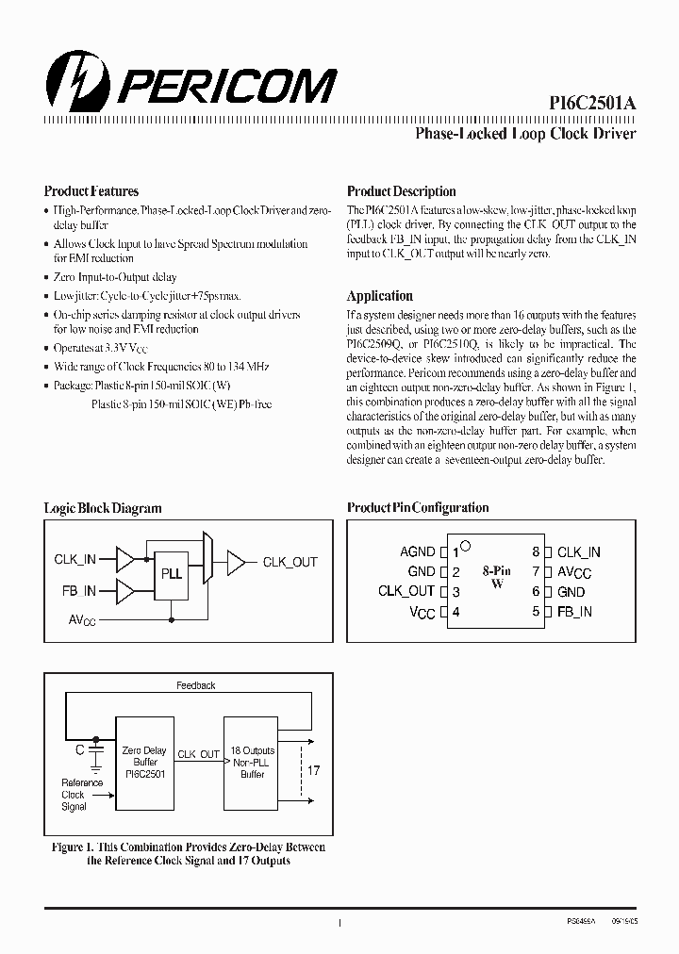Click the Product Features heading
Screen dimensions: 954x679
91,191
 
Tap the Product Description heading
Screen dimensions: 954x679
401,191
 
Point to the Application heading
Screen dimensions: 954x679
380,295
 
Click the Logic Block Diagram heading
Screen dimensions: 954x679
103,508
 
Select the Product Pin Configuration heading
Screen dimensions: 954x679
418,508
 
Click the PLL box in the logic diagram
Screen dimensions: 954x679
171,573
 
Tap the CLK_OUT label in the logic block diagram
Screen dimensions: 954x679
290,562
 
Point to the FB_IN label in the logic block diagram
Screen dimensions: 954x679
75,591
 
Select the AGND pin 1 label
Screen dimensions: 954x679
418,551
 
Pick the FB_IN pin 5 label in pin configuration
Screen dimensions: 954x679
574,611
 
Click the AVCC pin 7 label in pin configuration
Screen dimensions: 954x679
574,571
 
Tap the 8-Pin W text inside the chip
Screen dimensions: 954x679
497,577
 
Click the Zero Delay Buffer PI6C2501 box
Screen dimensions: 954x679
143,762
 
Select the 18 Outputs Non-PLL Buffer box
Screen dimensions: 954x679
252,762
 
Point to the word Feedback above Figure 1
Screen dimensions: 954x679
196,685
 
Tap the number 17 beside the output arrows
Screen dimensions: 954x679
314,770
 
